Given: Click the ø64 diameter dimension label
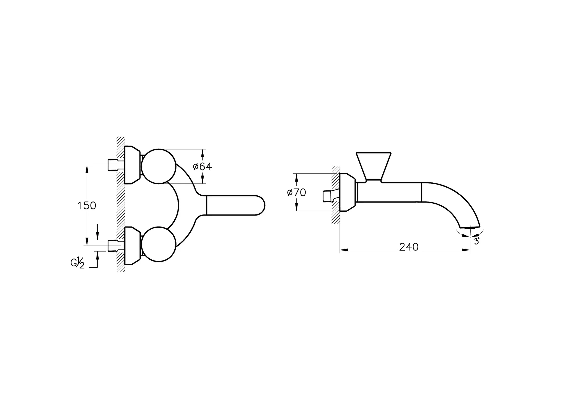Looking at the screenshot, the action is tap(202, 166).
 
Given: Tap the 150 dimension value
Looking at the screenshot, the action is tap(87, 206).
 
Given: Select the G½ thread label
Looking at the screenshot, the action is tap(78, 263).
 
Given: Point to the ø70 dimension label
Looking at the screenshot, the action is tap(297, 192).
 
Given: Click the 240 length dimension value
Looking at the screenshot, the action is tap(409, 247).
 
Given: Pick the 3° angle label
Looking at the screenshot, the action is tap(476, 241).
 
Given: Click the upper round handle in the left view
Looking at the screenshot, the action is tap(159, 166).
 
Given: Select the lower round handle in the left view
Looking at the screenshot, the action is tap(159, 244).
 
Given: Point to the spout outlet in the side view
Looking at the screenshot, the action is tap(470, 227).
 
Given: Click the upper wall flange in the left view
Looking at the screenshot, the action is tap(132, 164).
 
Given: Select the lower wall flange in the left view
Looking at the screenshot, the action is tap(132, 246).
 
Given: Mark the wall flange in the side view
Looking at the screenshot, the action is tap(347, 192).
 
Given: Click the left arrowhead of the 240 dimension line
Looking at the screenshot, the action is tap(343, 250).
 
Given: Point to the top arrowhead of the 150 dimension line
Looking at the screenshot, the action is tap(87, 169).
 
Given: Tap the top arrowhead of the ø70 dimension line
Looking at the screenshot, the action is tap(296, 177).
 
